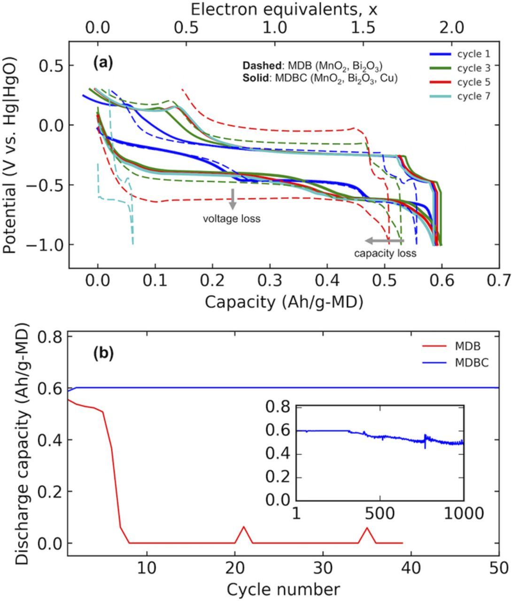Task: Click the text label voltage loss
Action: click(x=231, y=219)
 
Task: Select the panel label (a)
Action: click(x=103, y=62)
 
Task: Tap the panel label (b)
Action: click(x=103, y=354)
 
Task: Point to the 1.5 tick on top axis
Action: click(x=363, y=27)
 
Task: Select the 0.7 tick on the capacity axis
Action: click(x=498, y=281)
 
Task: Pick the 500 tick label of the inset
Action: click(x=380, y=513)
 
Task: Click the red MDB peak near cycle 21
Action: click(x=244, y=527)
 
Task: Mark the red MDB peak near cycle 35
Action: click(x=367, y=528)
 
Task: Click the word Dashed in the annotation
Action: click(x=258, y=66)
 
